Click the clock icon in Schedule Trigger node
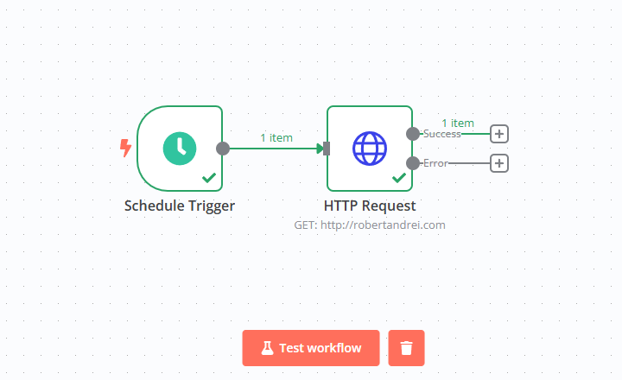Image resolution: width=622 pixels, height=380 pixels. (180, 148)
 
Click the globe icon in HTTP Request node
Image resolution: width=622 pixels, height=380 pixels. (370, 148)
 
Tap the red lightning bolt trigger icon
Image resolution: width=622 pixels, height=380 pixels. (126, 148)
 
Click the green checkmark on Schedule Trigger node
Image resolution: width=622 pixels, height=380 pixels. (209, 177)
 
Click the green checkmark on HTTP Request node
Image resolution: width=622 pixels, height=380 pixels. (399, 177)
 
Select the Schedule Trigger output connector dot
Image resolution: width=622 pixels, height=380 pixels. (223, 148)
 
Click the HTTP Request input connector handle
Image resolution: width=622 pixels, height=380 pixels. (327, 148)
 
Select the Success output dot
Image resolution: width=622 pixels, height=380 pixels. (413, 134)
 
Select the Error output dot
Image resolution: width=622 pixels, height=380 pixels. (413, 162)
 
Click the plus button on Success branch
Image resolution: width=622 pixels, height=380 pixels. (499, 134)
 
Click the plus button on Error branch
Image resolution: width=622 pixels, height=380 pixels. (499, 162)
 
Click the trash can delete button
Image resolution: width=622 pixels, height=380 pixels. (406, 348)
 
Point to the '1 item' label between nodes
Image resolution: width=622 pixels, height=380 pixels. (276, 137)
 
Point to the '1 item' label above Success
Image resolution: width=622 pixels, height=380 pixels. (458, 123)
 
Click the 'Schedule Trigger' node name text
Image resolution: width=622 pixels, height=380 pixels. (180, 206)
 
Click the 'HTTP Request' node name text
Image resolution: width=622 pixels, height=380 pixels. (370, 206)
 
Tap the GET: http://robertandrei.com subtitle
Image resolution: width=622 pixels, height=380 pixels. (370, 225)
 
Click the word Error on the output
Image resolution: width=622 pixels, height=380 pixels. (435, 162)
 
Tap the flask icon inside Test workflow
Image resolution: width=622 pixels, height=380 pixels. (267, 348)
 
